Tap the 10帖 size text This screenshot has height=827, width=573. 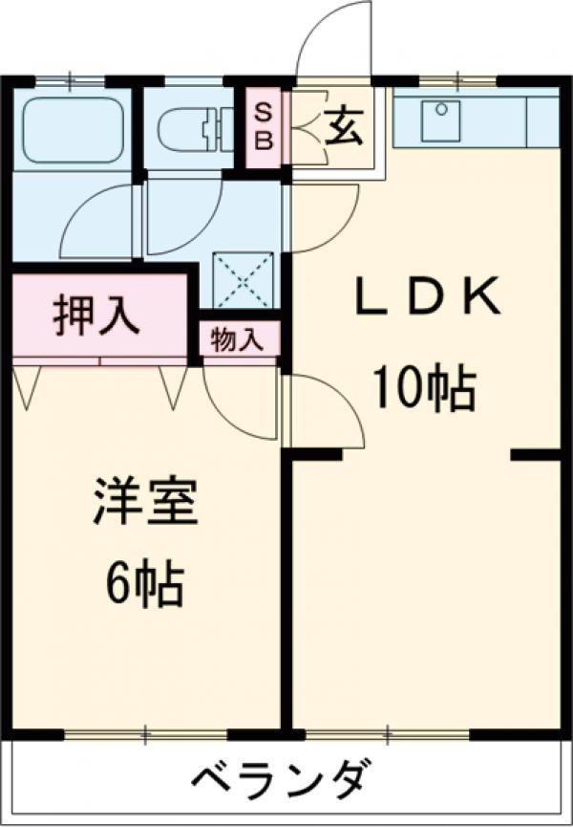click(424, 389)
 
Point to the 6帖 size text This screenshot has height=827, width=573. click(143, 584)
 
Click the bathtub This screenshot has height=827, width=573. click(73, 129)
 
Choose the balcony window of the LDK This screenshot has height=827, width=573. click(388, 734)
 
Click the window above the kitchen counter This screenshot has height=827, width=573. click(457, 78)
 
